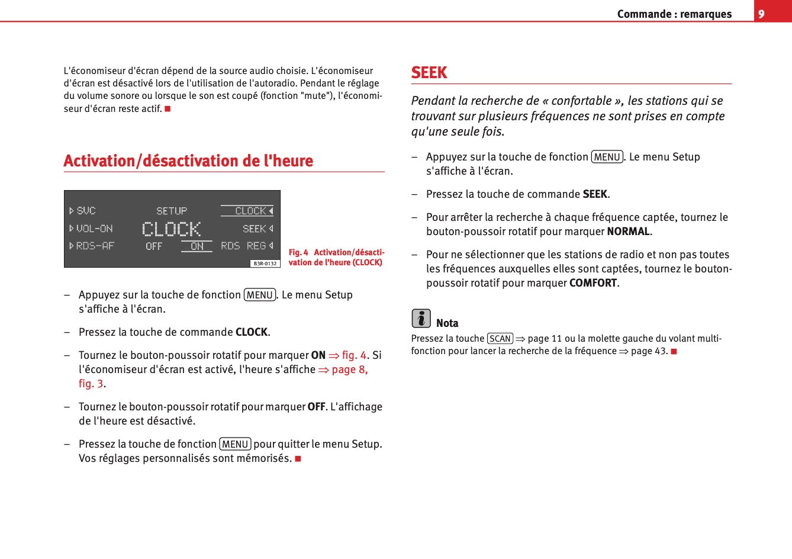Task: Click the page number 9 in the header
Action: click(x=761, y=14)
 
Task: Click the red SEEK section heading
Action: click(x=429, y=73)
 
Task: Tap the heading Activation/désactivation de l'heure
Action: click(x=188, y=161)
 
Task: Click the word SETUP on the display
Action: click(x=172, y=211)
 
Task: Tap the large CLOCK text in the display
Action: click(x=172, y=229)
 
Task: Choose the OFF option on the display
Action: click(x=154, y=246)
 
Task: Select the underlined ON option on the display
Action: click(x=197, y=246)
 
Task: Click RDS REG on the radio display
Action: click(x=244, y=246)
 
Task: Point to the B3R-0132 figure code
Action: click(x=265, y=264)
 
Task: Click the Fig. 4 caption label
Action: click(x=298, y=252)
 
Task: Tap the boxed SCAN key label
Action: click(x=500, y=339)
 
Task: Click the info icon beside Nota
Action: click(x=421, y=319)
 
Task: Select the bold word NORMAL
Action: click(x=628, y=232)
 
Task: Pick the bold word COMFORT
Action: click(x=593, y=283)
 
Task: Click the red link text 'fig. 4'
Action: click(x=354, y=355)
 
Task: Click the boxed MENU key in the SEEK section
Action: click(x=607, y=157)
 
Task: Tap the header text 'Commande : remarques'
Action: click(x=674, y=14)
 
